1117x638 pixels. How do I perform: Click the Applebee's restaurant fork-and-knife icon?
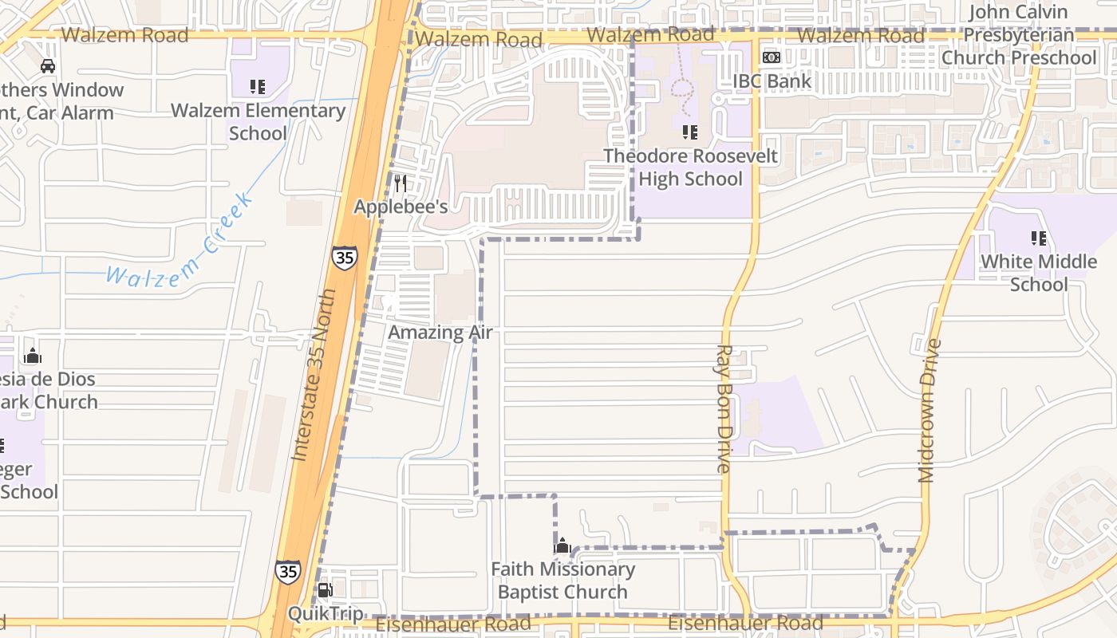click(x=401, y=183)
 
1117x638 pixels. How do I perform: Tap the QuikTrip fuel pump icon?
click(x=326, y=590)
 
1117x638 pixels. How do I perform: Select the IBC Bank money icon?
click(x=772, y=57)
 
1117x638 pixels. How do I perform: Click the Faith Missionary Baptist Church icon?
click(x=562, y=546)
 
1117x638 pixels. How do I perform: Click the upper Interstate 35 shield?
click(x=345, y=258)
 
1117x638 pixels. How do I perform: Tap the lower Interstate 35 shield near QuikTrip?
click(x=288, y=571)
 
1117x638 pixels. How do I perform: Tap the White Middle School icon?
click(x=1038, y=238)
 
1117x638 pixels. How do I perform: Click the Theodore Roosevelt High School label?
click(x=690, y=167)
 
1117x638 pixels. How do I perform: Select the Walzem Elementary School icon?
click(x=257, y=86)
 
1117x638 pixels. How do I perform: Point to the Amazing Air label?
click(x=440, y=333)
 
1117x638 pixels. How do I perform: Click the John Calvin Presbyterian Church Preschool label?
click(x=1019, y=35)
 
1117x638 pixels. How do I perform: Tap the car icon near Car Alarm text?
click(x=48, y=66)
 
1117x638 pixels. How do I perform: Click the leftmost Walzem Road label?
click(x=124, y=35)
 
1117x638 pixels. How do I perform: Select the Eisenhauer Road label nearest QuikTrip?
click(x=452, y=623)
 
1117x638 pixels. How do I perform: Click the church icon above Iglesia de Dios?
click(x=33, y=355)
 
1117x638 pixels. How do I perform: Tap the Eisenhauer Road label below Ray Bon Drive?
click(x=745, y=623)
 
